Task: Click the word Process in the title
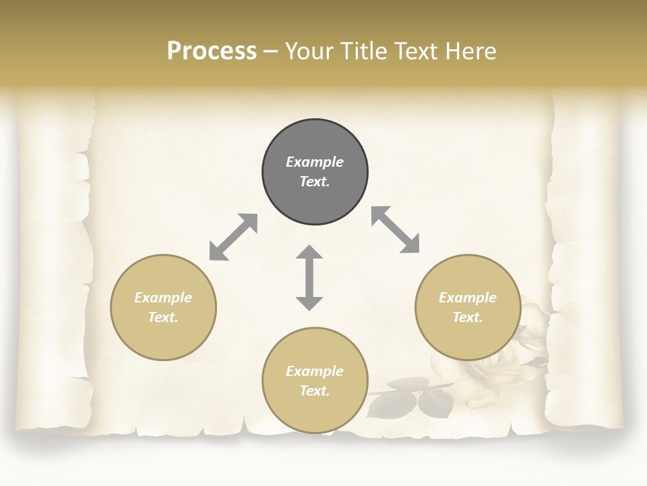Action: (212, 51)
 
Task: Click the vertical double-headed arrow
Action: (309, 277)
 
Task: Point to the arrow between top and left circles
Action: (233, 237)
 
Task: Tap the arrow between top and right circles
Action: (396, 230)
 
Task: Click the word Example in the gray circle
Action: (315, 162)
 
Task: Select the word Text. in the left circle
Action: (163, 317)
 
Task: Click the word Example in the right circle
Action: (468, 298)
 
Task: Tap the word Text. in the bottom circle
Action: (315, 391)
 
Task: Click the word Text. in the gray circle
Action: (315, 182)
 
